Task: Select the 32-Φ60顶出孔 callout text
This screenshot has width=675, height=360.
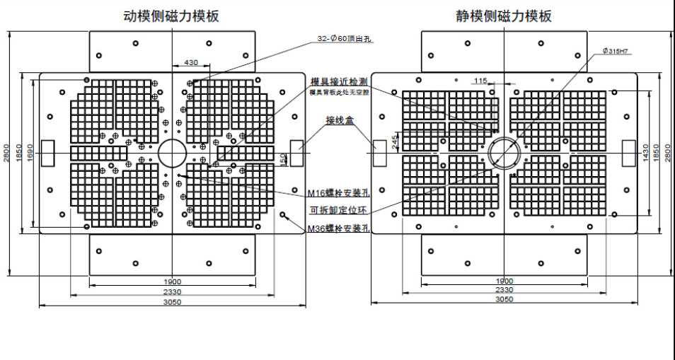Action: (346, 40)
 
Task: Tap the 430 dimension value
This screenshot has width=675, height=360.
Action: (191, 63)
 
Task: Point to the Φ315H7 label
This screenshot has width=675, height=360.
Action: (616, 51)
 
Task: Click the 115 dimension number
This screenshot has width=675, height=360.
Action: (481, 81)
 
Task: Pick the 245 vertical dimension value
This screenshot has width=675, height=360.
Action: (394, 142)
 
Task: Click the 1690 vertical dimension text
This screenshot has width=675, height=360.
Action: (29, 153)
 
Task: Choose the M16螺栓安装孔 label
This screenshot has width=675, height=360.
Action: (339, 193)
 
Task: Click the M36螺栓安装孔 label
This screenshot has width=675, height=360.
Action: (339, 228)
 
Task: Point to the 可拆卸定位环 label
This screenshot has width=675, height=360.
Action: (339, 210)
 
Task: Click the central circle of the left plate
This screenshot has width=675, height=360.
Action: (171, 153)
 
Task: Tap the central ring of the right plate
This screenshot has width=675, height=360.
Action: (504, 153)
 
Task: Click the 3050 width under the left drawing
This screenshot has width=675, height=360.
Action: (172, 302)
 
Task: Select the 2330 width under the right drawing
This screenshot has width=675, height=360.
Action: (504, 290)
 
